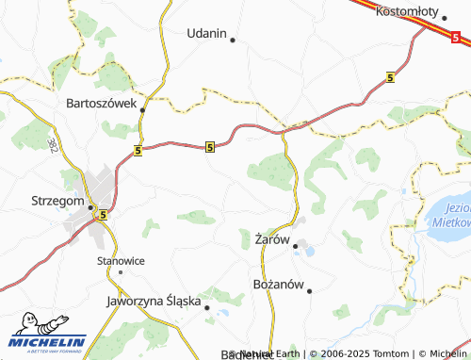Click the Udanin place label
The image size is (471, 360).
(x=207, y=33)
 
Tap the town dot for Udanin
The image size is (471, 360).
(x=232, y=40)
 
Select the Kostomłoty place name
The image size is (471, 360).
(x=408, y=11)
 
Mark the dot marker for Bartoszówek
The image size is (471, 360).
(x=142, y=110)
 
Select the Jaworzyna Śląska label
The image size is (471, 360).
(x=154, y=302)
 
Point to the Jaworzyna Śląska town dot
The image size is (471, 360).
(x=206, y=306)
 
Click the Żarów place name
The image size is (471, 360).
(x=269, y=240)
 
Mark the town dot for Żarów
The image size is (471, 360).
(x=296, y=247)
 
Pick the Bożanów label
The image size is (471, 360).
(x=281, y=284)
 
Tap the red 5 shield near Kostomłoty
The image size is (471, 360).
(x=457, y=38)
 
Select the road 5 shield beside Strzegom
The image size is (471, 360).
(x=103, y=215)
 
